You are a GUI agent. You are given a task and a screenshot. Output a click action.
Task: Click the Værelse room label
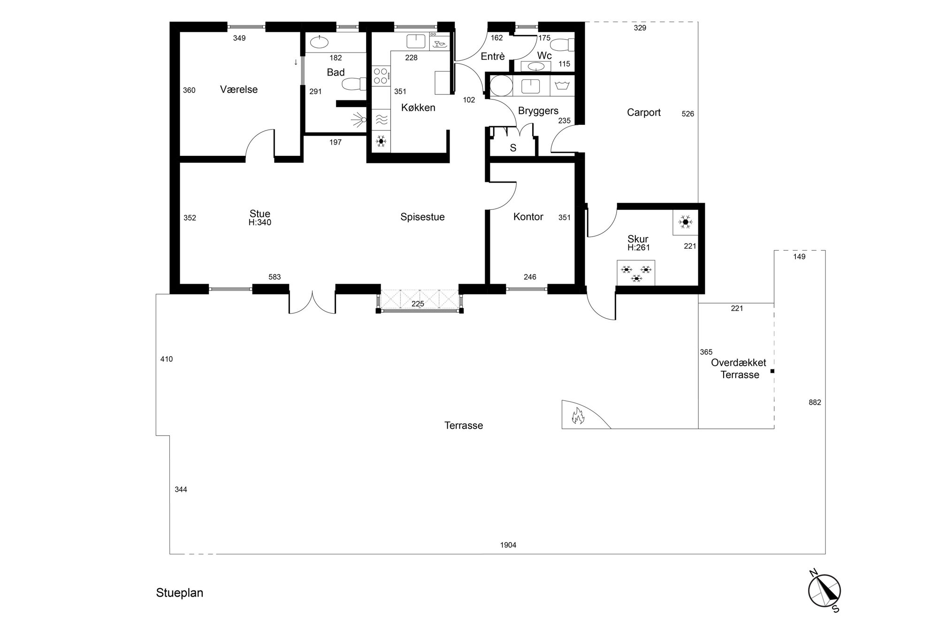click(x=239, y=90)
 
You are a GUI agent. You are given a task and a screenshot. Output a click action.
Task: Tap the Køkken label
click(x=418, y=107)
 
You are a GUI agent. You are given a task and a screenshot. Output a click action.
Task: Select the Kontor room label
click(x=528, y=217)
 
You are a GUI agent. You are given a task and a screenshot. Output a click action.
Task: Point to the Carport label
click(x=644, y=113)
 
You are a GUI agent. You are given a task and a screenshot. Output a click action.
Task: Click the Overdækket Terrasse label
click(x=739, y=368)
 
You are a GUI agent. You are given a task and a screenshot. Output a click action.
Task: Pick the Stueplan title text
click(x=180, y=593)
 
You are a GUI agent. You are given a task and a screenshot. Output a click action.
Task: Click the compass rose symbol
click(x=824, y=590)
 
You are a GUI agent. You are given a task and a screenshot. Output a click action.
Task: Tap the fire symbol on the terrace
click(x=578, y=416)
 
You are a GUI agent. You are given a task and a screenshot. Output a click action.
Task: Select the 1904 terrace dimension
click(x=508, y=545)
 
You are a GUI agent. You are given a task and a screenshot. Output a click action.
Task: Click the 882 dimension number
click(x=815, y=402)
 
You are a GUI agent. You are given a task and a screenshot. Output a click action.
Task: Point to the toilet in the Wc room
click(x=562, y=46)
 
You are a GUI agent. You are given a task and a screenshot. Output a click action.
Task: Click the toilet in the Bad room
click(x=354, y=84)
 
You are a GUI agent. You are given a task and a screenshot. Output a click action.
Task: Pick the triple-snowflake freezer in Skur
click(x=636, y=273)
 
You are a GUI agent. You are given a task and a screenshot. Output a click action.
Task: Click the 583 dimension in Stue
click(x=275, y=277)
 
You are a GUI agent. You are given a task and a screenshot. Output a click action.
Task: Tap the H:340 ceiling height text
click(x=260, y=222)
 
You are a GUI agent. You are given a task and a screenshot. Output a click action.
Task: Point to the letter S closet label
click(x=513, y=148)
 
